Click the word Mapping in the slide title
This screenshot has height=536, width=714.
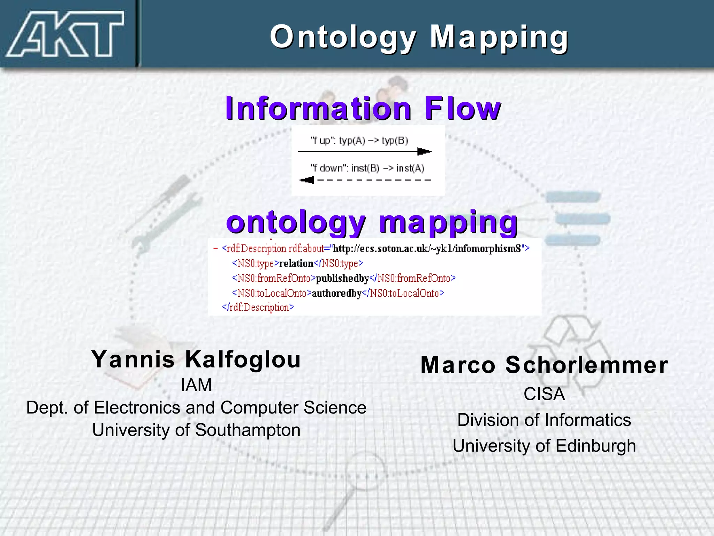(x=499, y=37)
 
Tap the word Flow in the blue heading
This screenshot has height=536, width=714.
(x=463, y=109)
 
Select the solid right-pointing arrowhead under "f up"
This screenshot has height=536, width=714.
(x=424, y=151)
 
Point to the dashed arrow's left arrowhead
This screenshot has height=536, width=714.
(x=307, y=180)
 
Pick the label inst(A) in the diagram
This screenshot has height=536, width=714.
(x=410, y=169)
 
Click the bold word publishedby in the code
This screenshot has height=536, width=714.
(x=342, y=278)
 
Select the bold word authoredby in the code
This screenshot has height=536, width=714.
(x=336, y=293)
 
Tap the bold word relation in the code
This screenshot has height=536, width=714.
(x=296, y=263)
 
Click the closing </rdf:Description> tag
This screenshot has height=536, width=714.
(x=258, y=308)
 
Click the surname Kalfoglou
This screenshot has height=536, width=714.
(x=243, y=359)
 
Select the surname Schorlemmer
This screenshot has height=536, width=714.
(x=587, y=365)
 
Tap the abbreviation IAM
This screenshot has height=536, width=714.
(x=196, y=385)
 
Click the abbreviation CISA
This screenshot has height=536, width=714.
(x=544, y=394)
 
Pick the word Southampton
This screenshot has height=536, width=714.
(x=248, y=430)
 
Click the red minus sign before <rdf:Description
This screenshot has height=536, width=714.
(x=215, y=249)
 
